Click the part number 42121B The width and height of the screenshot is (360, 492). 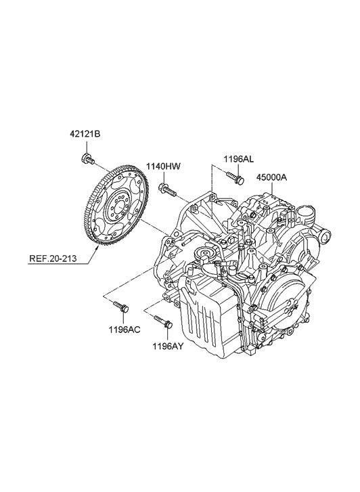tap(84, 135)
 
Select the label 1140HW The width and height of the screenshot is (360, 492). tap(164, 166)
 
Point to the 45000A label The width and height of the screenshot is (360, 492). tap(272, 178)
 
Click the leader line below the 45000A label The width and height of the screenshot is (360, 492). tap(271, 193)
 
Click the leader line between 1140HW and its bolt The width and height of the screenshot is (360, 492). tap(164, 177)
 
